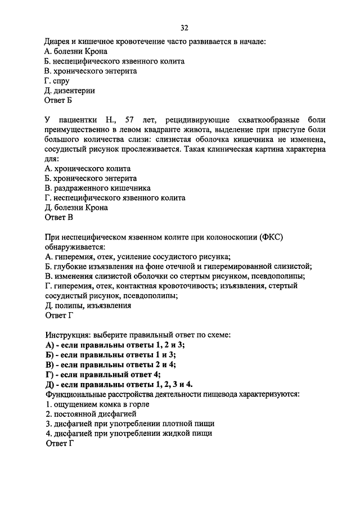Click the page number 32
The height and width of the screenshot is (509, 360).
[x=184, y=28]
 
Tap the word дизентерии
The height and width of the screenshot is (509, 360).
[x=74, y=91]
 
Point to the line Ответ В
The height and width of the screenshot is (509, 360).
[x=58, y=218]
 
